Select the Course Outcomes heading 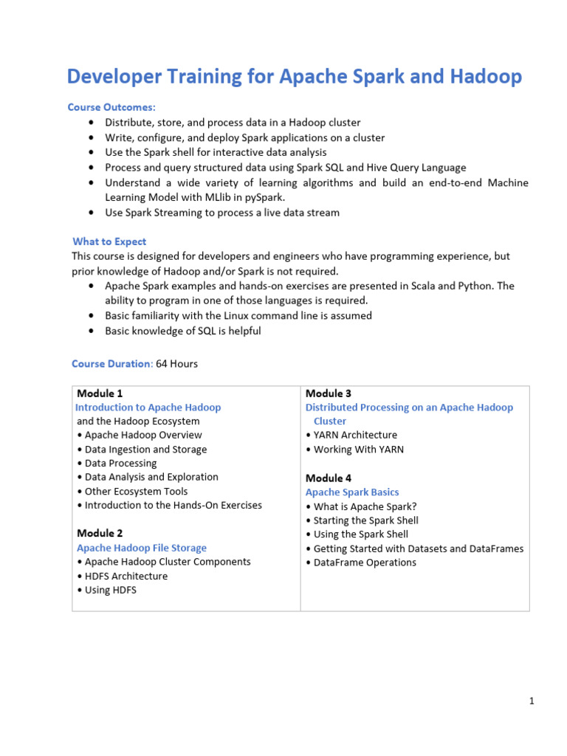point(111,107)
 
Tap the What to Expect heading point(109,241)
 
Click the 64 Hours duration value point(177,364)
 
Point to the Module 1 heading point(100,394)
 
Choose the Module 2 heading point(100,533)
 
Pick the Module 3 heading point(329,394)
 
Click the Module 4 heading point(329,478)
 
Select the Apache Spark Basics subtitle point(352,492)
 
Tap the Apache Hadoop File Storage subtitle point(142,548)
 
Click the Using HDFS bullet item point(110,590)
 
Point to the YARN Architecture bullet point(355,436)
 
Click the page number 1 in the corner point(531,701)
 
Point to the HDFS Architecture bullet point(126,576)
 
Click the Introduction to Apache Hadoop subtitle point(148,408)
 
